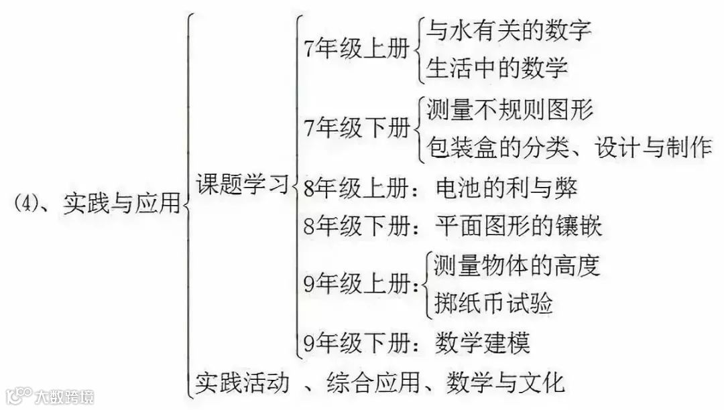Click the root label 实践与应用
(121, 202)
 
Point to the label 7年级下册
(356, 127)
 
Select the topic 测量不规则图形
(509, 109)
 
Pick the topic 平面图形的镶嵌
(518, 226)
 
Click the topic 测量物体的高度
(516, 266)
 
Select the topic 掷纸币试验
(492, 303)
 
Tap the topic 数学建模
(482, 343)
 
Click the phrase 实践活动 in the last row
(243, 383)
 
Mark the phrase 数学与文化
(497, 383)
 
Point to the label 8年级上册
(355, 188)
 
